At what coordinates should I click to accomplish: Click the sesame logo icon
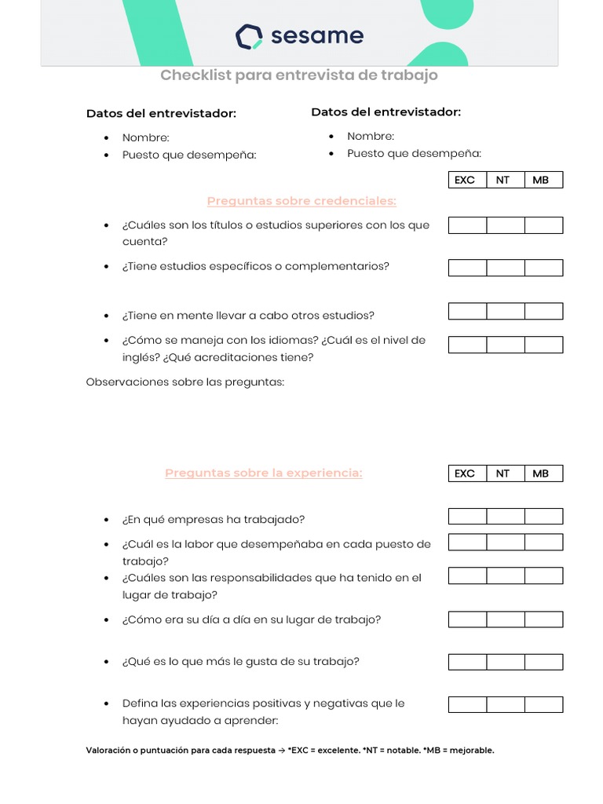tap(249, 36)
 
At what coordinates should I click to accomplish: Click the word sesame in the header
tap(316, 36)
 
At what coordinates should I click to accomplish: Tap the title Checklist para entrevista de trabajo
tap(299, 75)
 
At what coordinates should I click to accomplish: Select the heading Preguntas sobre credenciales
tap(301, 201)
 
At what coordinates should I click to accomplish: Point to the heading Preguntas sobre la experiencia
tap(263, 473)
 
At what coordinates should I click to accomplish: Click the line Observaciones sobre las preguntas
tap(185, 382)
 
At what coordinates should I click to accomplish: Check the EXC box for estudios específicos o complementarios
tap(467, 268)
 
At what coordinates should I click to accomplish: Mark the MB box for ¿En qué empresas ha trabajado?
tap(543, 516)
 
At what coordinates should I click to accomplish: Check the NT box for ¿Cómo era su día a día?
tap(506, 619)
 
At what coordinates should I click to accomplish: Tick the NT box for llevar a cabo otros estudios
tap(506, 312)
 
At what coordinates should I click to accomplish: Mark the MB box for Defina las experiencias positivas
tap(543, 704)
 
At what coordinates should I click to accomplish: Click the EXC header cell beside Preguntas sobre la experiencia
tap(465, 473)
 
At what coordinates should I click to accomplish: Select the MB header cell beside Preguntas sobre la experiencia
tap(541, 473)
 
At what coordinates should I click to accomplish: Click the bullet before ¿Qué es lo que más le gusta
tap(106, 662)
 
